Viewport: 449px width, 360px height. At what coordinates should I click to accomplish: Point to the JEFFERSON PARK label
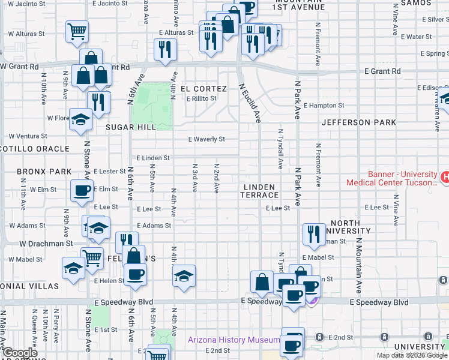coord(358,122)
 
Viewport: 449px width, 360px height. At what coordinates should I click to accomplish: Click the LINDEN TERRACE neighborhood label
coord(261,191)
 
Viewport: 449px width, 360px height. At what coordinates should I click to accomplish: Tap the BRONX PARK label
coord(44,172)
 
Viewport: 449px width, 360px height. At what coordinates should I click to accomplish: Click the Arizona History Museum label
coord(234,340)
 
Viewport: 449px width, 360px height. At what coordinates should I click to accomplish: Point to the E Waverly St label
coord(206,139)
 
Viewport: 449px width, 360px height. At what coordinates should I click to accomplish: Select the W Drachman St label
coord(46,244)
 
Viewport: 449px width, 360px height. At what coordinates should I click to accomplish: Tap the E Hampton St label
coord(324,106)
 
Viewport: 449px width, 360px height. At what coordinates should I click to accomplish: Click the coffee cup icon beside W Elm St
coord(82,191)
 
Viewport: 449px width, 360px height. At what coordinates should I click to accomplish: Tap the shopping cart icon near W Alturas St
coord(77,31)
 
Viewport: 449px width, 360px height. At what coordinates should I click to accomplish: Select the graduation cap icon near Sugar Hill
coord(80,119)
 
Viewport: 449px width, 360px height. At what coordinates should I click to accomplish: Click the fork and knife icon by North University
coord(313,234)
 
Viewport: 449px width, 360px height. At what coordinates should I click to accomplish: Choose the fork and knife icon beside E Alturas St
coord(164,49)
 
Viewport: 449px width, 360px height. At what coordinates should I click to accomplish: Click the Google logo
coord(19,353)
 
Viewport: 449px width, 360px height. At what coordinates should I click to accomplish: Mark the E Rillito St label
coord(200,99)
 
